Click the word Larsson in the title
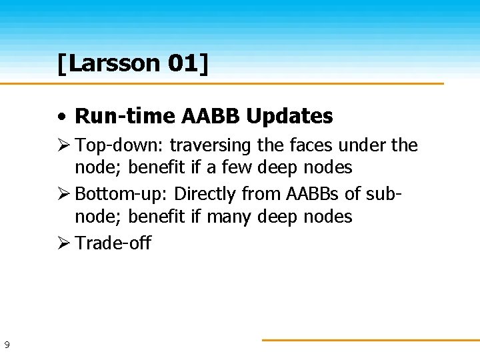tap(113, 64)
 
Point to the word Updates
tap(289, 117)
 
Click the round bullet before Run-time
tap(61, 117)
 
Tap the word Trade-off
tap(113, 243)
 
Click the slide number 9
tap(7, 345)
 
